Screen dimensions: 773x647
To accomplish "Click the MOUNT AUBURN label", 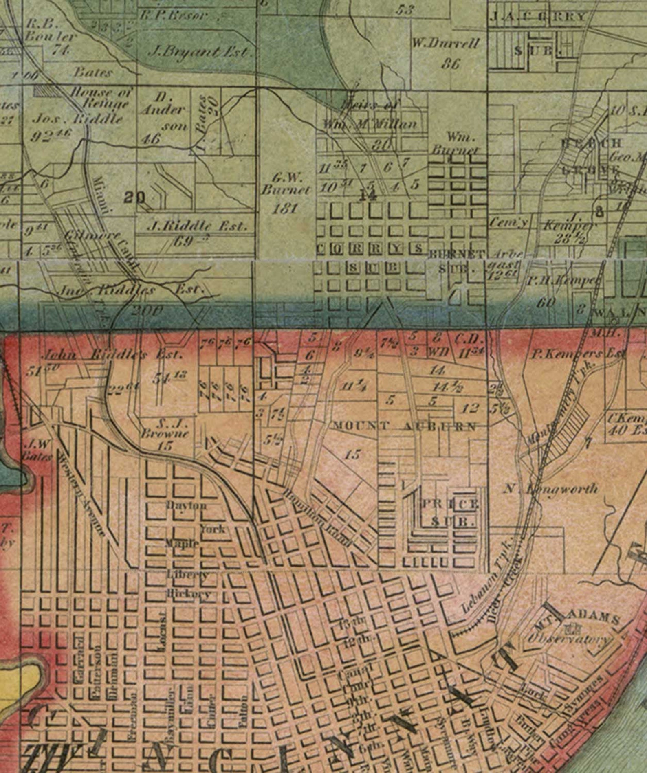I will pyautogui.click(x=404, y=427).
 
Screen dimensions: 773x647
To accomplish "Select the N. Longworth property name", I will pyautogui.click(x=551, y=488).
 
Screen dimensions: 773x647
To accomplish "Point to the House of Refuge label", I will pyautogui.click(x=102, y=98).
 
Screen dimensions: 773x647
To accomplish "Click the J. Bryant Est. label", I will pyautogui.click(x=200, y=52).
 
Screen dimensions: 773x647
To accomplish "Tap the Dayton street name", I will pyautogui.click(x=186, y=506).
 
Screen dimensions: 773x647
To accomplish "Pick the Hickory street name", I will pyautogui.click(x=189, y=594).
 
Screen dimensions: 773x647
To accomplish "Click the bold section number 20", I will pyautogui.click(x=135, y=198).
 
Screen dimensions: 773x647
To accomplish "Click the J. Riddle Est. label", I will pyautogui.click(x=196, y=226).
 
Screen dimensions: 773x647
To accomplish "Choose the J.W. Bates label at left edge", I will pyautogui.click(x=38, y=448).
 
